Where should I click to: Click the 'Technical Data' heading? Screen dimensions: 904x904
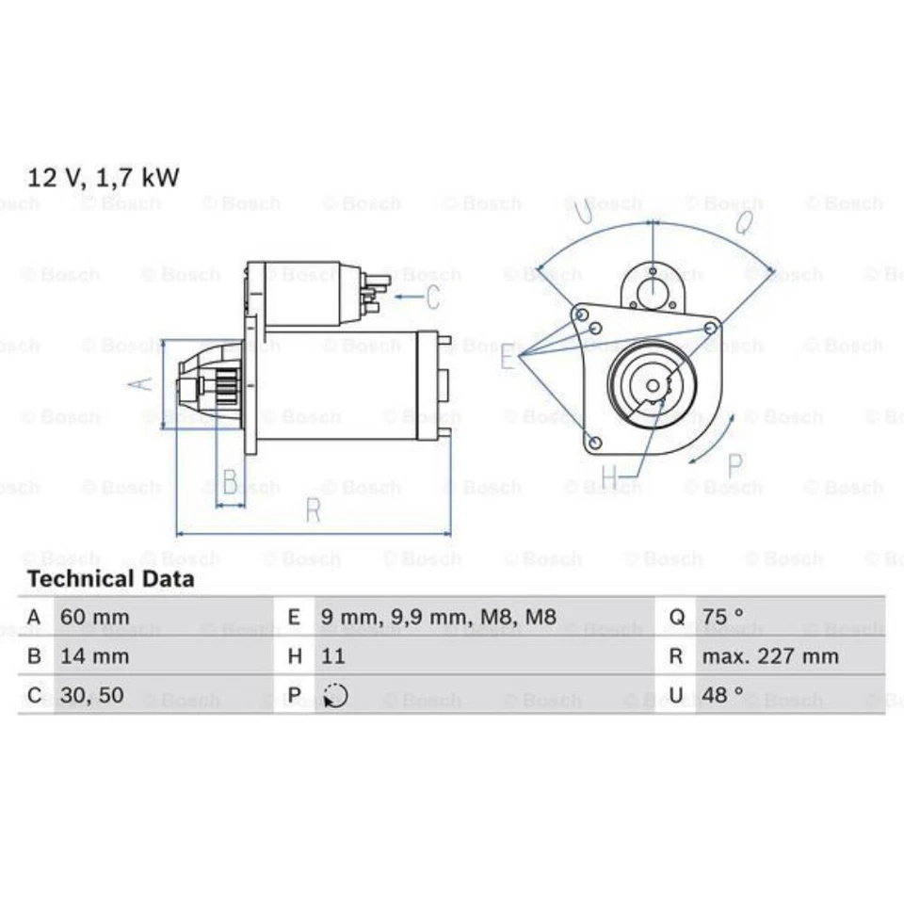point(110,579)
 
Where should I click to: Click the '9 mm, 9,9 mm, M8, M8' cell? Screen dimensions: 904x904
point(439,617)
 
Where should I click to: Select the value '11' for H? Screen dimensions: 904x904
point(333,656)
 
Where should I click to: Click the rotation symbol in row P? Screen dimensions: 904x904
point(335,697)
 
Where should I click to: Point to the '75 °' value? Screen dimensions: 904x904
point(723,617)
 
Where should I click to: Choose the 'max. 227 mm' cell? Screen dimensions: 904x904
point(769,656)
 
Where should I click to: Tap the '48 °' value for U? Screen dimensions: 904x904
point(723,696)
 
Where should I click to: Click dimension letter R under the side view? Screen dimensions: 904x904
point(314,510)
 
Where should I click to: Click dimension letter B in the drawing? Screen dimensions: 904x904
point(230,481)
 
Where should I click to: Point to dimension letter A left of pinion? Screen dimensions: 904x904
point(139,383)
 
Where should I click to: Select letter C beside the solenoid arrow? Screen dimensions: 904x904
point(432,298)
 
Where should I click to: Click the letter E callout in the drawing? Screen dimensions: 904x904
point(508,358)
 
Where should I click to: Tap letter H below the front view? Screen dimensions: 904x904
point(609,478)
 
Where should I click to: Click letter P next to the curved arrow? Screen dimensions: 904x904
point(735,465)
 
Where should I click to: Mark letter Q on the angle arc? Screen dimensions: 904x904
point(743,223)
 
